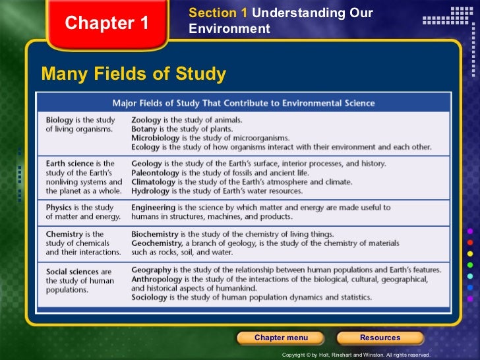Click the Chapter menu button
click(x=281, y=338)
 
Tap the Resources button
click(x=380, y=338)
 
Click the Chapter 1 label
click(x=107, y=24)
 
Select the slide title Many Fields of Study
click(x=133, y=74)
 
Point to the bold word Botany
click(x=144, y=129)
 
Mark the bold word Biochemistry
click(x=155, y=234)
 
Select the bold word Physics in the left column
click(x=59, y=208)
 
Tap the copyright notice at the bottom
click(x=355, y=355)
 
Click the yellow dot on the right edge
click(x=470, y=253)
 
